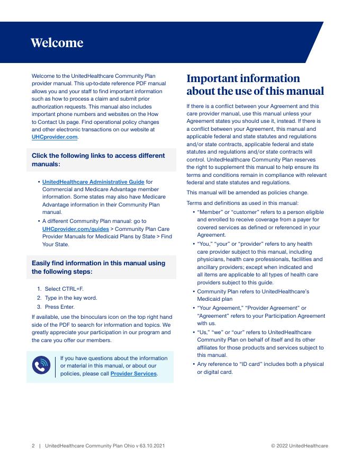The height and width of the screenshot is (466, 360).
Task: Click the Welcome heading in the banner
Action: (57, 43)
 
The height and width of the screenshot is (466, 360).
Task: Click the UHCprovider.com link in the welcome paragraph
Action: (55, 137)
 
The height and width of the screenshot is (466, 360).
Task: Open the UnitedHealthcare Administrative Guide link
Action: (93, 182)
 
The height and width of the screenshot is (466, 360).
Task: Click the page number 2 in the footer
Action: (33, 446)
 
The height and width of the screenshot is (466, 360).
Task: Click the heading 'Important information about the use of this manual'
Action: (255, 85)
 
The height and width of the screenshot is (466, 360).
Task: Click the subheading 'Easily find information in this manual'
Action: (98, 267)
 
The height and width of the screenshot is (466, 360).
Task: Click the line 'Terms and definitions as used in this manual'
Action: (242, 203)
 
